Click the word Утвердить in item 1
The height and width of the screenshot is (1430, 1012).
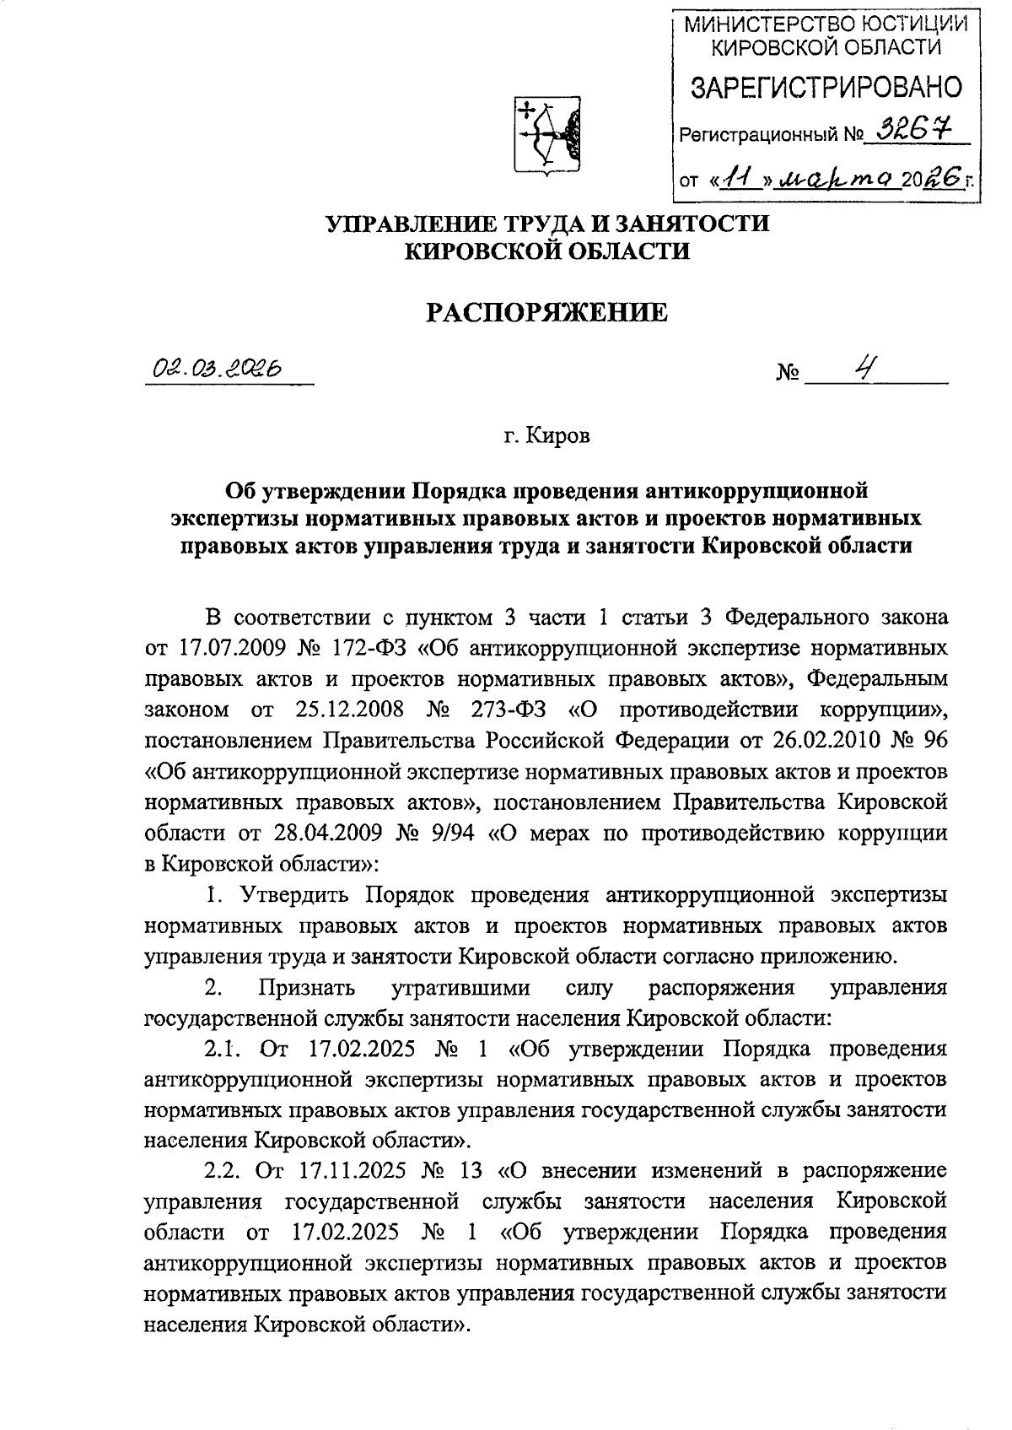click(x=290, y=894)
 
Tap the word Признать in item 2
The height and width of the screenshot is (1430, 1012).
click(x=307, y=987)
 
